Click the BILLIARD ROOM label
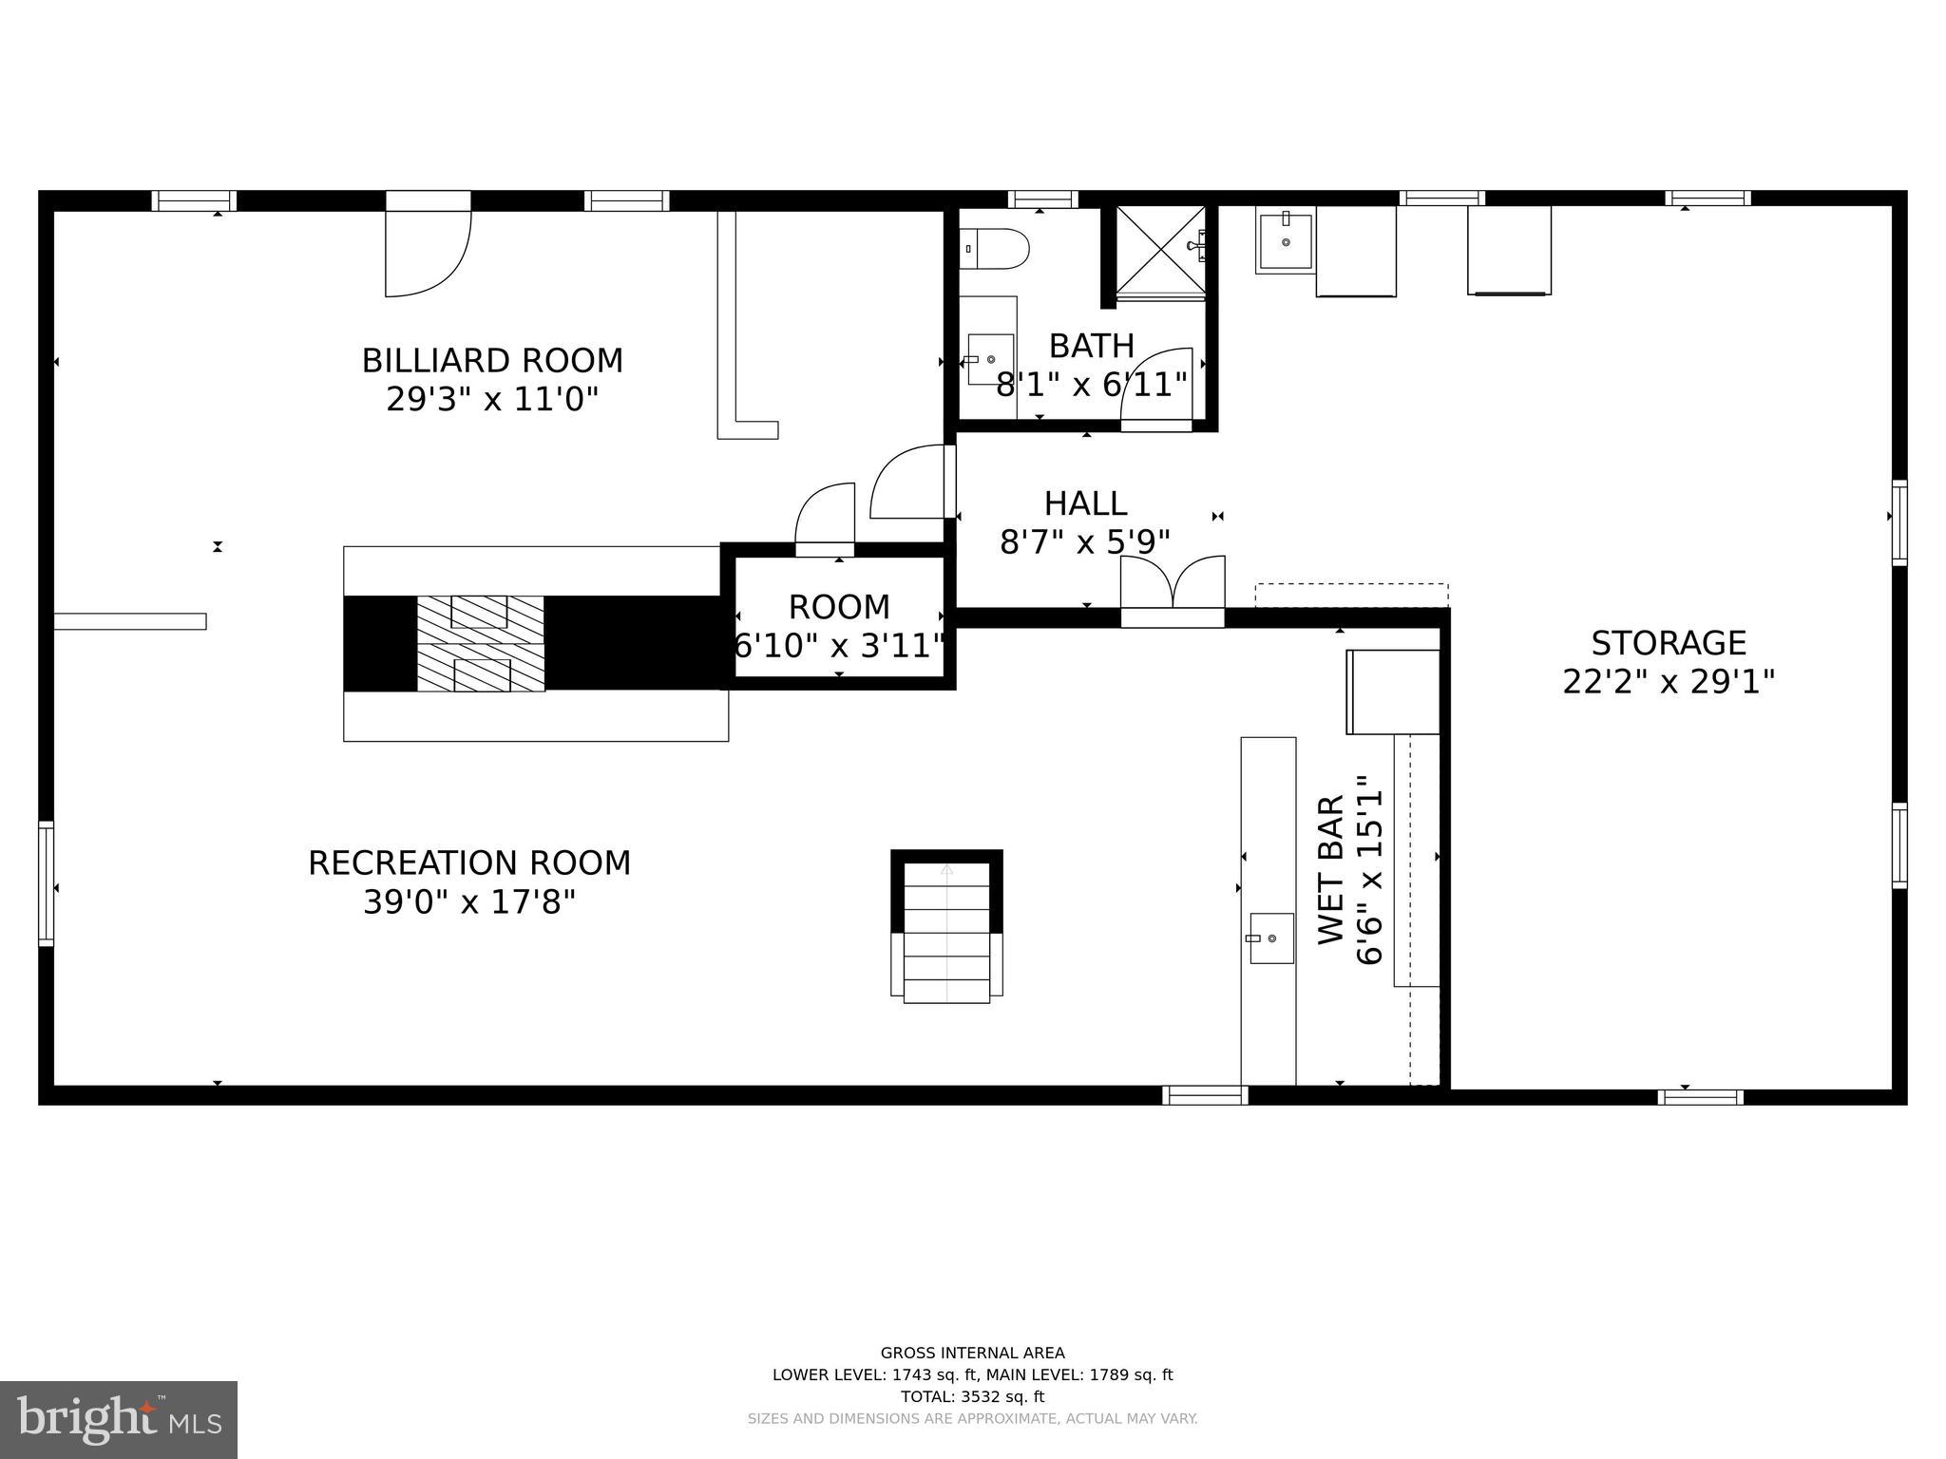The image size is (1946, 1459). tap(492, 361)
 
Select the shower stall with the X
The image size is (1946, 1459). tap(1159, 251)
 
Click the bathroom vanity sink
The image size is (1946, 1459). tap(990, 359)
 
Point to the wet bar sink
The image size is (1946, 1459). tap(1270, 938)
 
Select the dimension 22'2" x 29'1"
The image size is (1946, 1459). tap(1669, 682)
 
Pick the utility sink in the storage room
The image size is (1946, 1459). tap(1285, 241)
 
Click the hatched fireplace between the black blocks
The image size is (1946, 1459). tap(481, 643)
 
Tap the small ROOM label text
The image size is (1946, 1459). tap(839, 607)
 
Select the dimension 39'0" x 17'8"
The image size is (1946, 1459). tap(469, 901)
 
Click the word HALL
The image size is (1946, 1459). tap(1085, 503)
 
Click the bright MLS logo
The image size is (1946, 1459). tap(119, 1419)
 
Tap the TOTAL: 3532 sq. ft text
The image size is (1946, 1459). tap(972, 1396)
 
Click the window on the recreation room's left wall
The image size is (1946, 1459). tap(46, 883)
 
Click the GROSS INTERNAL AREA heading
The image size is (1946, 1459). tap(972, 1353)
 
